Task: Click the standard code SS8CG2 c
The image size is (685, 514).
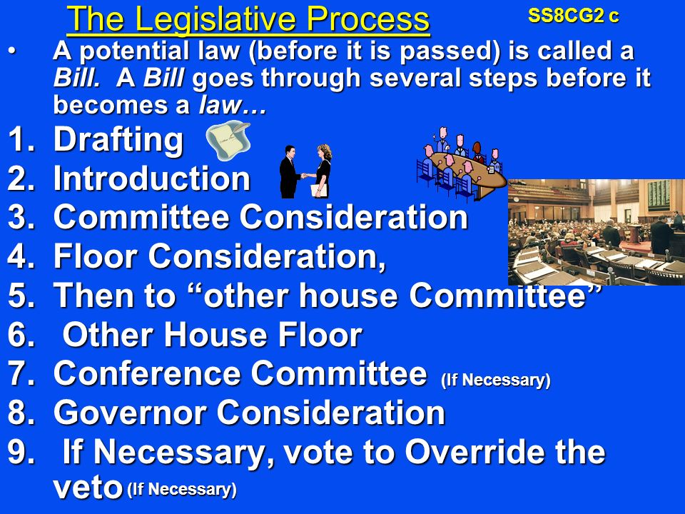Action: pos(573,16)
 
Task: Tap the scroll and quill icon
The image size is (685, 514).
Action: pos(228,141)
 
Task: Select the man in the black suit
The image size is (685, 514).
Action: pos(290,172)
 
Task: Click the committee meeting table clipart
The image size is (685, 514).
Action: pos(462,164)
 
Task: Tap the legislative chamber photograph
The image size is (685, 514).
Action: pos(597,232)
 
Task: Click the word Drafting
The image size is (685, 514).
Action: pos(118,140)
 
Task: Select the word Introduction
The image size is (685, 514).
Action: pos(151,178)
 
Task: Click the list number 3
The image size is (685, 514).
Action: pos(21,218)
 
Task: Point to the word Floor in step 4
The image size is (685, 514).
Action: pos(95,256)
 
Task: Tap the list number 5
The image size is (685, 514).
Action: pos(21,296)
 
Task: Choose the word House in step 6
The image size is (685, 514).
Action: pos(215,335)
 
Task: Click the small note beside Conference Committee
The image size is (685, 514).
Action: pos(496,380)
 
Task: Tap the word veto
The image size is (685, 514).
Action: pos(87,488)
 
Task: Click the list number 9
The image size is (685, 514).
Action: pos(21,452)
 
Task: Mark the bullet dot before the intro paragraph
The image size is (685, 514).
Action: pos(12,51)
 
